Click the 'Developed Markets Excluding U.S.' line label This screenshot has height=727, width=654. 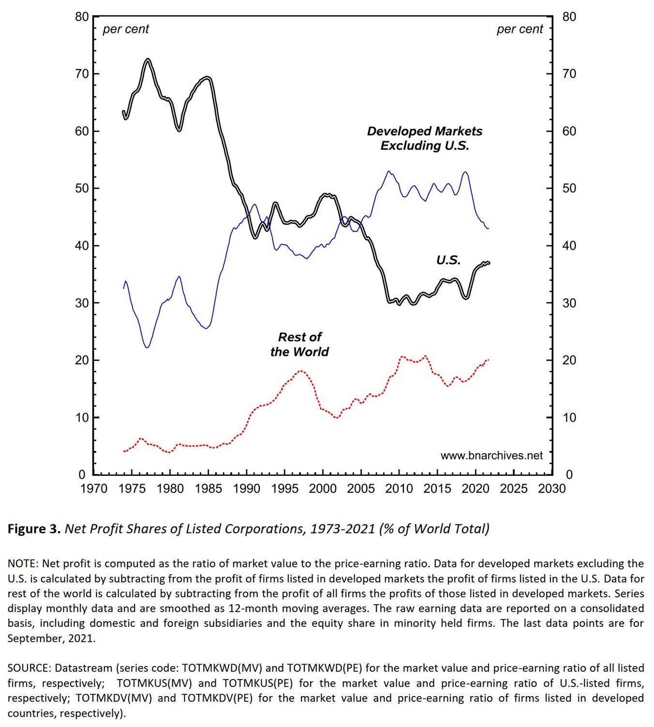424,138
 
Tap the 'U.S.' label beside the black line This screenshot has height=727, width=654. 448,260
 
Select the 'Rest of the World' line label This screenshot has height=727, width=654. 299,344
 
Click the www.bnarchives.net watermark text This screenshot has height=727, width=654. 491,456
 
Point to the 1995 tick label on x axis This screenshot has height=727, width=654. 284,489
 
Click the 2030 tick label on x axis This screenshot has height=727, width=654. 551,489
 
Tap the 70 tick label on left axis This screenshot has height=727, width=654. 82,74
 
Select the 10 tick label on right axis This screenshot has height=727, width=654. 569,418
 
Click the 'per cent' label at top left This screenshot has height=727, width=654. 126,30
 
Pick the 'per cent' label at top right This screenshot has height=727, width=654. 520,30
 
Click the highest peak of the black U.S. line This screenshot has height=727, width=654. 148,60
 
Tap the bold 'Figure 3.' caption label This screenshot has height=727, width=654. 34,529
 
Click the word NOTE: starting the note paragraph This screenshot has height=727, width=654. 23,564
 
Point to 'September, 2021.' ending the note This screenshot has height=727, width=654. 51,638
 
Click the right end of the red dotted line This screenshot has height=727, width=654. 488,360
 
